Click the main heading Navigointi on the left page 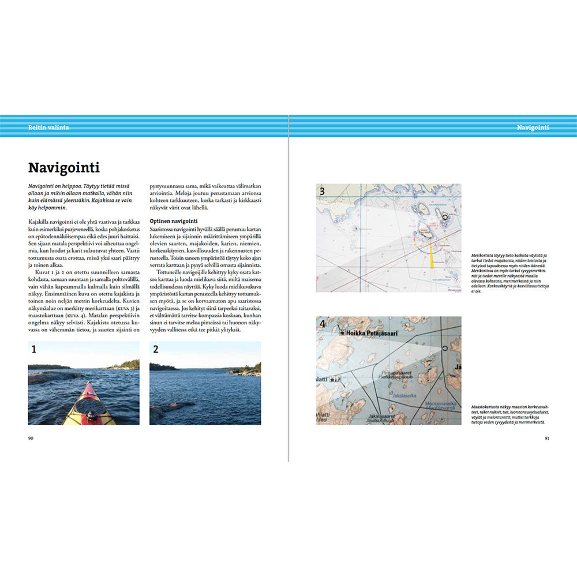coord(64,168)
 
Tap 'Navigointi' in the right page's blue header coord(533,127)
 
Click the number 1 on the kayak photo coord(34,349)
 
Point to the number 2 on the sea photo coord(156,349)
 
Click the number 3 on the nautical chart coord(323,192)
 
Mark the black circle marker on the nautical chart coord(445,217)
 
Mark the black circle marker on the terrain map coord(445,349)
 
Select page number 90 coord(31,438)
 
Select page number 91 coord(546,438)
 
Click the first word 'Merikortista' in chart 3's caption coord(484,254)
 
